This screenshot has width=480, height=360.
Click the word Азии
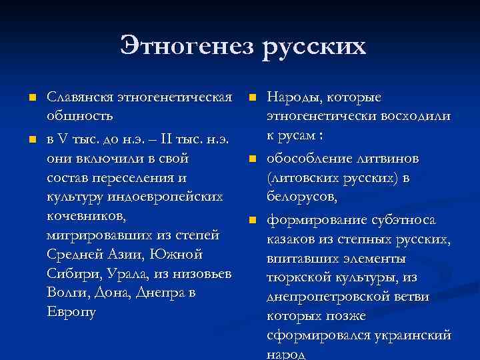(x=125, y=255)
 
